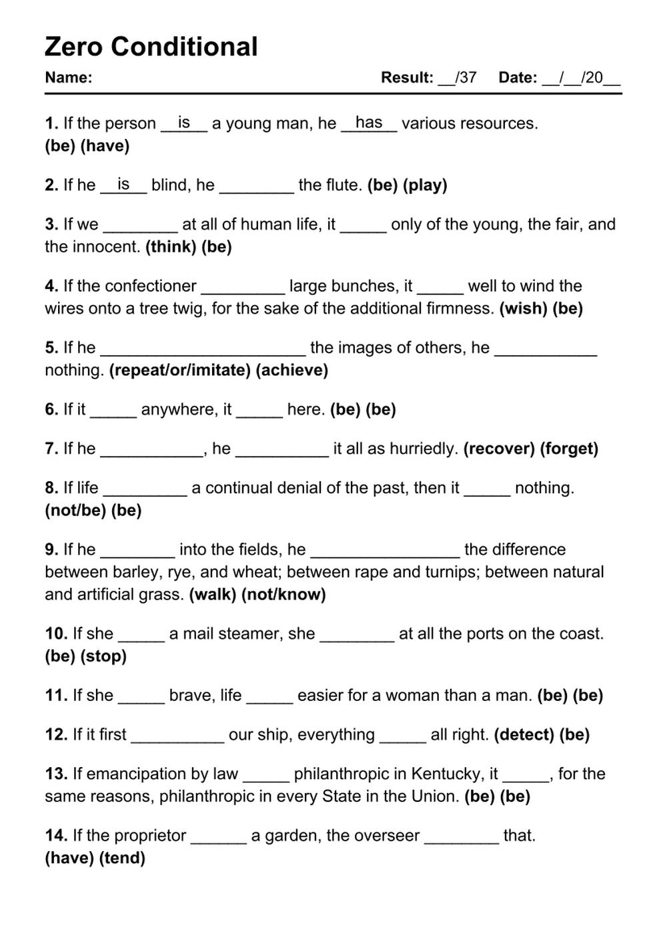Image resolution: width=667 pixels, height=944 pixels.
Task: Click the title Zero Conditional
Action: click(x=151, y=47)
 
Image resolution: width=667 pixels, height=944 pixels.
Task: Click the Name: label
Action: click(x=68, y=77)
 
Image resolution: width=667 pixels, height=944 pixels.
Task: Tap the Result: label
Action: click(x=407, y=77)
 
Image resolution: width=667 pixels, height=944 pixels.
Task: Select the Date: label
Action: click(x=518, y=77)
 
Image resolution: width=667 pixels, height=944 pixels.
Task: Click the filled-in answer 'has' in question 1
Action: click(x=369, y=122)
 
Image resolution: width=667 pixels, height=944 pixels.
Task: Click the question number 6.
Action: click(x=51, y=409)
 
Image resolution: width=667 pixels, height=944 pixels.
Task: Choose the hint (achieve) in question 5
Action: click(x=292, y=371)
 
